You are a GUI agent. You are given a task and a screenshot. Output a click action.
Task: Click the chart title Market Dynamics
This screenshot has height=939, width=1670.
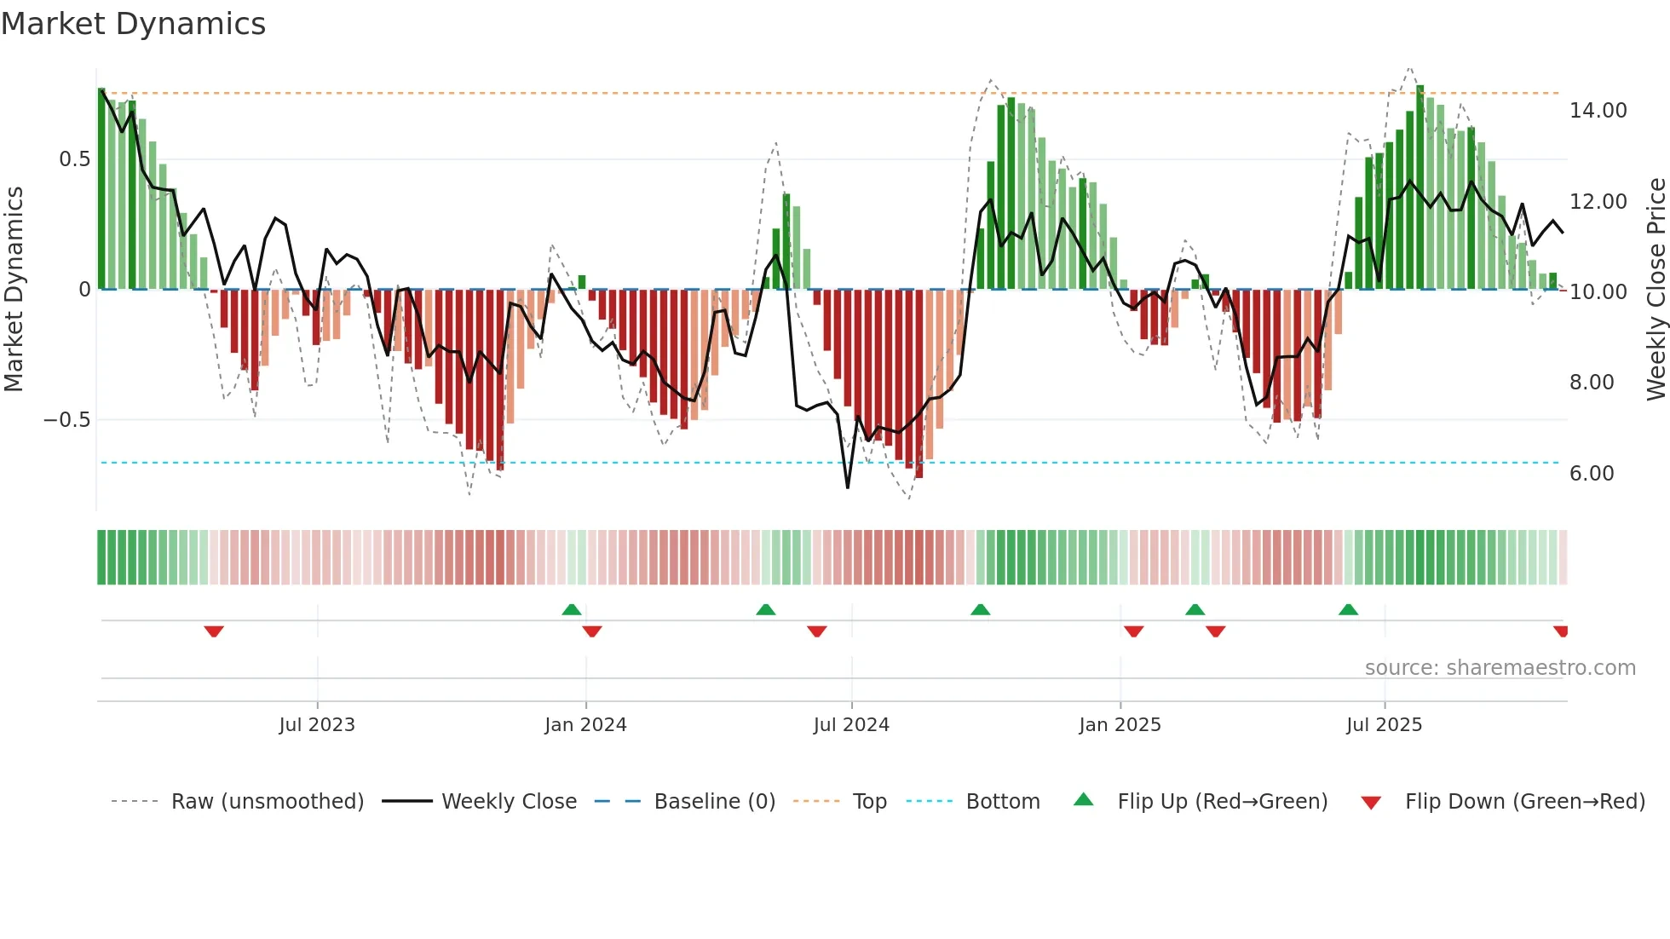pos(133,24)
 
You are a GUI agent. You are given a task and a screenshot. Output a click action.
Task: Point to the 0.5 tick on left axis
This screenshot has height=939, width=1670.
pos(74,159)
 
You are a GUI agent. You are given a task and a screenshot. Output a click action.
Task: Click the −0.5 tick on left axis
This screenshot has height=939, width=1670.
pos(66,420)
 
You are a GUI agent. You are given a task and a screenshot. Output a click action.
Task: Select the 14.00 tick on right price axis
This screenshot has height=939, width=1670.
pos(1598,111)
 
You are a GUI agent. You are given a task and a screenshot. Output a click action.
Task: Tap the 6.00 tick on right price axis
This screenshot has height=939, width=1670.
pos(1591,474)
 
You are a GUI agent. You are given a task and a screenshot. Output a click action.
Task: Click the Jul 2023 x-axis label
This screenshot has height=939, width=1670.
pos(316,725)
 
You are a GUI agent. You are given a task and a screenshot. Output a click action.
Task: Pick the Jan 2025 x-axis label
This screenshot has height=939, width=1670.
pos(1119,725)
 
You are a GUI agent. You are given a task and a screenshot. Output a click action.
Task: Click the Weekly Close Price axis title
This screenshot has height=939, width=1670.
pos(1656,290)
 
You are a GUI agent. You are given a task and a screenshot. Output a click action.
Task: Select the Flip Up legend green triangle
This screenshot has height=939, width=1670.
pos(1083,799)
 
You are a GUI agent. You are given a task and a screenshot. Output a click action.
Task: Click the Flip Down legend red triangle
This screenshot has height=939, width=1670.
pos(1371,803)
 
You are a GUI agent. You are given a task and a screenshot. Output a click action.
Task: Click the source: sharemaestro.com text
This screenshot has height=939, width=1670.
pos(1500,668)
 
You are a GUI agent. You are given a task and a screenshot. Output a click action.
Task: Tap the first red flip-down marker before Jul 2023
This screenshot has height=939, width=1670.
pos(214,631)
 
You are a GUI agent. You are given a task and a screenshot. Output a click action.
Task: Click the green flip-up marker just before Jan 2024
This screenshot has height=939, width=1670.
pos(572,609)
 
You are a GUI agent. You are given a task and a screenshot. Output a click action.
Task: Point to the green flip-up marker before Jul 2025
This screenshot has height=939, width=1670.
pos(1348,609)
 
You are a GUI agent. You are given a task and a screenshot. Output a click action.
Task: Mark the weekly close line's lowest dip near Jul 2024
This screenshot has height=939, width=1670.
pos(848,487)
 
